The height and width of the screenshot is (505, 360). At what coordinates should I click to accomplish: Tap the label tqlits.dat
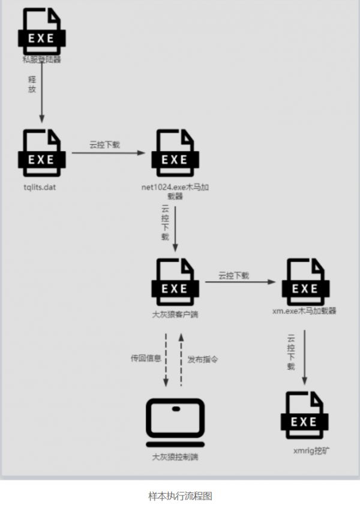coord(40,187)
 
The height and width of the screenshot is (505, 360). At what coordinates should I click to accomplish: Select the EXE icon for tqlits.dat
coord(41,153)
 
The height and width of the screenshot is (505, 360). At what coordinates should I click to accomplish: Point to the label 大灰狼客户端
coord(175,313)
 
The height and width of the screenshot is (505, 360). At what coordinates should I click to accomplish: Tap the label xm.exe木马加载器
coord(304,311)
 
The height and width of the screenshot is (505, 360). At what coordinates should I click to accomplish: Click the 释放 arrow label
coord(32,84)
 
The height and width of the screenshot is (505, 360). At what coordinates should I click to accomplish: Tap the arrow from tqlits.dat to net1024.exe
coord(108,153)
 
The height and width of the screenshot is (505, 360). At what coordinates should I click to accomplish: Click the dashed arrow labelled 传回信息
coord(166,360)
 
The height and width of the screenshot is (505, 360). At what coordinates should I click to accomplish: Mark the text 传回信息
coord(145,359)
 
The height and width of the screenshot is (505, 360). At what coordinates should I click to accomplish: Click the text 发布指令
coord(203,359)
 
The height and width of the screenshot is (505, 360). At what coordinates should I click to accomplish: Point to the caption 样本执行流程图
coord(180,496)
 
